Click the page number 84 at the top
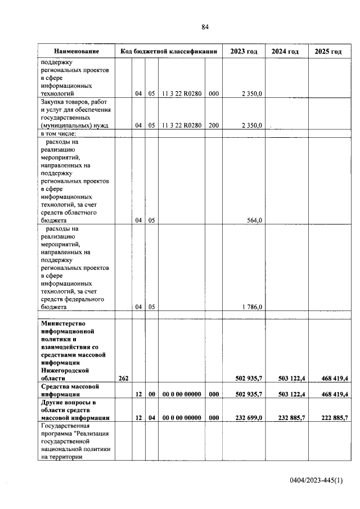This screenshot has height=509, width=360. pyautogui.click(x=205, y=27)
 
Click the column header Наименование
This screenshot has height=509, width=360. pyautogui.click(x=76, y=52)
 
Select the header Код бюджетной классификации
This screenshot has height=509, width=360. pyautogui.click(x=169, y=52)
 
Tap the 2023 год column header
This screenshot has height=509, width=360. pyautogui.click(x=244, y=52)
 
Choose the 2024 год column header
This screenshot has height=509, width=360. pyautogui.click(x=285, y=52)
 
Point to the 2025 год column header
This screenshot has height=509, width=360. pyautogui.click(x=328, y=52)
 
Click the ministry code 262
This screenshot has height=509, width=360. pyautogui.click(x=123, y=379)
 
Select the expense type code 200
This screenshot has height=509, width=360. pyautogui.click(x=213, y=125)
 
